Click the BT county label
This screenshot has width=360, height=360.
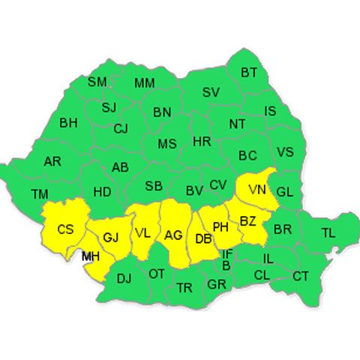[x=249, y=73]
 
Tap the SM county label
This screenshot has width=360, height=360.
[x=97, y=82]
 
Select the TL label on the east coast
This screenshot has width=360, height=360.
[x=328, y=233]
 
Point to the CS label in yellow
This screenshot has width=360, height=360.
[x=66, y=229]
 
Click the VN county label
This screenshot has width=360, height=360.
[x=257, y=189]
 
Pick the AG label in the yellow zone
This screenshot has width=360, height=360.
[x=173, y=235]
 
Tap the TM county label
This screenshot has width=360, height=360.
[x=39, y=194]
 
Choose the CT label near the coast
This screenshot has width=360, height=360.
[x=301, y=277]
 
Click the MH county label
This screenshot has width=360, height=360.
[x=91, y=257]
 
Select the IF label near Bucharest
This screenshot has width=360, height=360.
[x=226, y=254]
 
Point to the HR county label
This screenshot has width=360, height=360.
[x=202, y=141]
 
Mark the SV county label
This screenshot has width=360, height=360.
[x=211, y=93]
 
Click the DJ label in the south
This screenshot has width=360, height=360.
[x=124, y=278]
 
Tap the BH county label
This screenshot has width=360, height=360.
[x=68, y=122]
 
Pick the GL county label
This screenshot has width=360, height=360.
[x=284, y=192]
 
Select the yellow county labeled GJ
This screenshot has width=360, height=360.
[x=110, y=238]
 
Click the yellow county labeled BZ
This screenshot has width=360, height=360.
[x=248, y=220]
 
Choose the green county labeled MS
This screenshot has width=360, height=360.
[x=167, y=143]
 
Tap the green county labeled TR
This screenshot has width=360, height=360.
[x=184, y=287]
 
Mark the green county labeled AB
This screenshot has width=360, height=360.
[x=120, y=167]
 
